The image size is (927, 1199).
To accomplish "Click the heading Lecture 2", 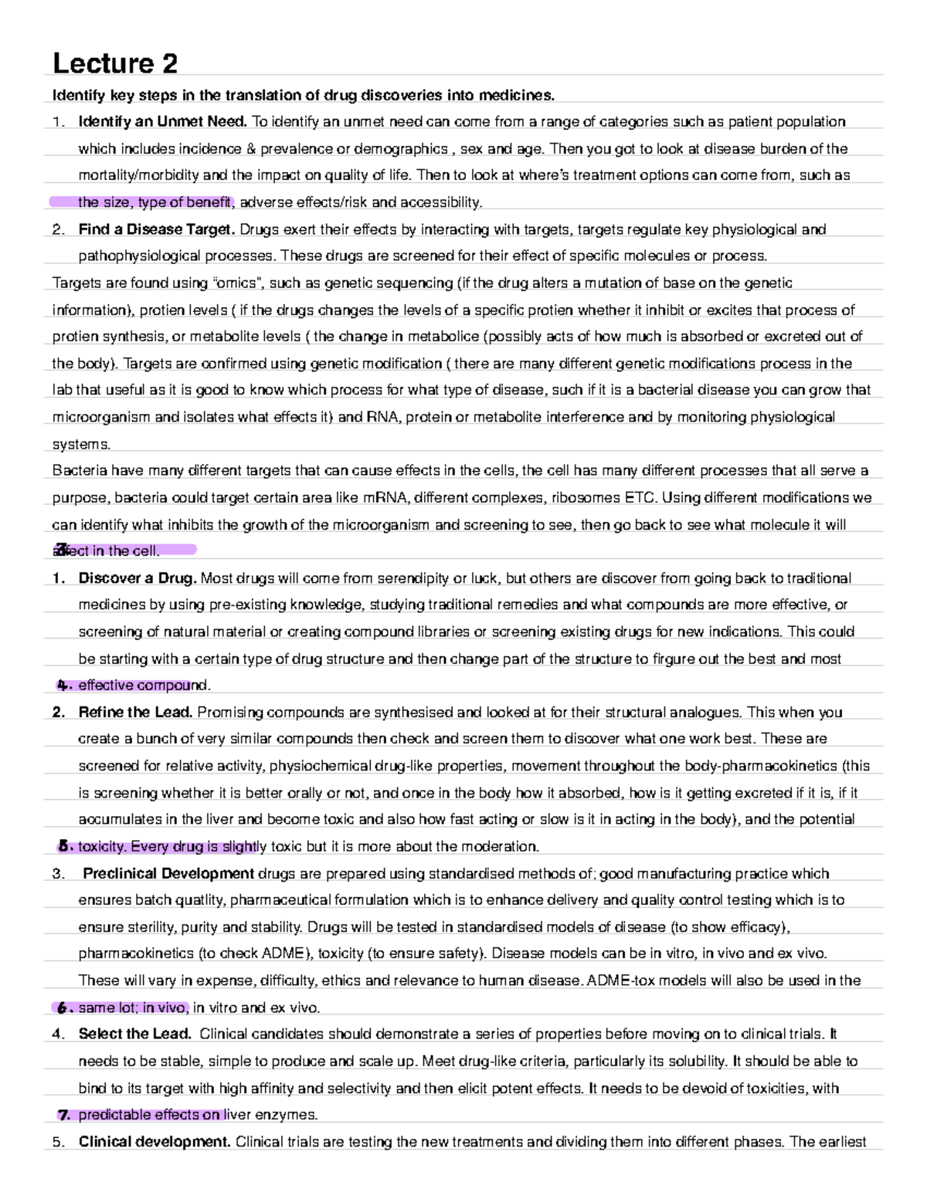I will click(x=114, y=63).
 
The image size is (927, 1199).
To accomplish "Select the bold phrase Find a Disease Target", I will click(x=157, y=229).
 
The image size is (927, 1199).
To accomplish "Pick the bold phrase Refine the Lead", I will click(x=135, y=713).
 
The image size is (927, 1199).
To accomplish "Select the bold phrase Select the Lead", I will click(x=135, y=1035).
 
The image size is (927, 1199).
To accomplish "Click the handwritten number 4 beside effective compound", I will click(x=63, y=686).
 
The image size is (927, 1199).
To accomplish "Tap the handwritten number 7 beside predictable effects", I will click(x=64, y=1116).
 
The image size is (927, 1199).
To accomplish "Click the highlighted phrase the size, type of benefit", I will click(x=154, y=202).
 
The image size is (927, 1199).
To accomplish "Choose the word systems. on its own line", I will click(x=81, y=445).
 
